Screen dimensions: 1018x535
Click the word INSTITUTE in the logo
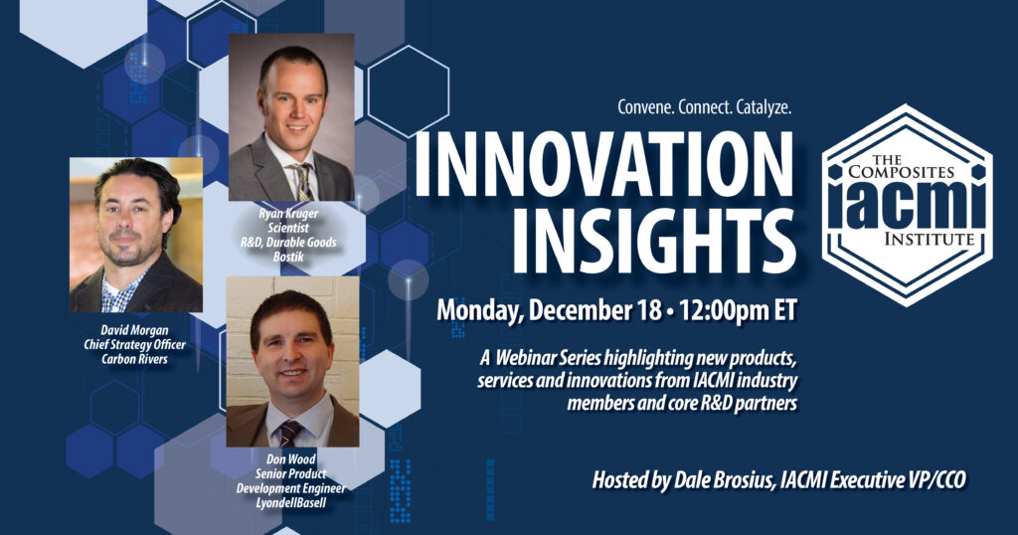click(x=930, y=240)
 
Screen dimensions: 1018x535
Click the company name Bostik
click(x=288, y=256)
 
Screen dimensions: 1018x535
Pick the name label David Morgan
click(x=134, y=330)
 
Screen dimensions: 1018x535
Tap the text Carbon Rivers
click(x=134, y=358)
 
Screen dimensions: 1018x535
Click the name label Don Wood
click(x=291, y=459)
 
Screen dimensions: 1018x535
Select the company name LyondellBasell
click(x=291, y=502)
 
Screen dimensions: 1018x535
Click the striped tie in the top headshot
click(x=302, y=182)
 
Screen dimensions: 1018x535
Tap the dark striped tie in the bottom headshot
click(x=288, y=433)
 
